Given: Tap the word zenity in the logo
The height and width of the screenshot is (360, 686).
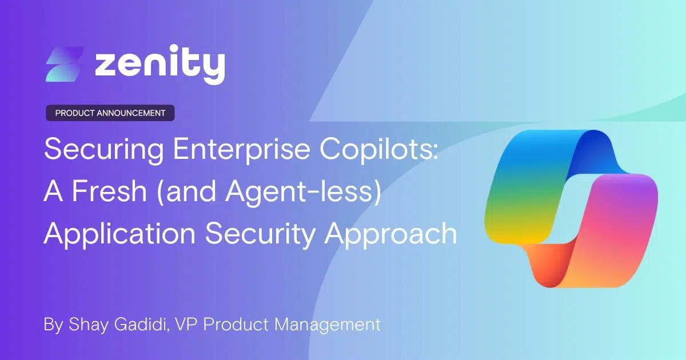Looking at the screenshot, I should coord(159,65).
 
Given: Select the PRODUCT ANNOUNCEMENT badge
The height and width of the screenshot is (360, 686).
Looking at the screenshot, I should coord(110,113).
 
